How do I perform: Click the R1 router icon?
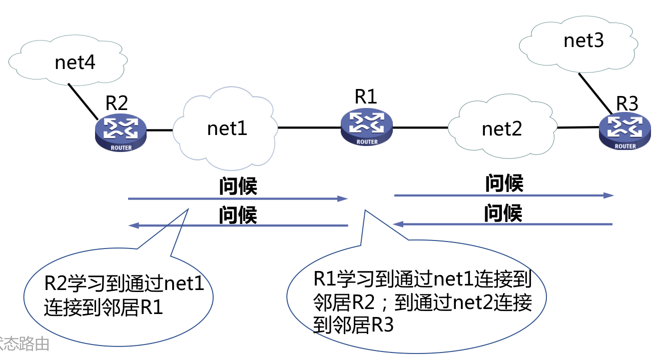pos(367,127)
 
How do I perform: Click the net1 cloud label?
pos(227,128)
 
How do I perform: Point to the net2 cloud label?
pos(502,129)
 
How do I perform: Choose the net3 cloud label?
pos(583,40)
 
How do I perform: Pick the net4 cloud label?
pos(75,62)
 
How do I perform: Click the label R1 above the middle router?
pos(366,96)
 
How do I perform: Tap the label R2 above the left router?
pos(117,102)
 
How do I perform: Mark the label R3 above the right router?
pos(626,103)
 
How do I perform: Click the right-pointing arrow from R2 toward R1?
pos(238,198)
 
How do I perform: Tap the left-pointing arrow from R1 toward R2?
pos(238,226)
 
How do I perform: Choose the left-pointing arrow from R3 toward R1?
pos(503,224)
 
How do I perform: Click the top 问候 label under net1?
pos(238,186)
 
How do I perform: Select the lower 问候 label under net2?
pos(503,213)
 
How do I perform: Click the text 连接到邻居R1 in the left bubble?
pos(104,306)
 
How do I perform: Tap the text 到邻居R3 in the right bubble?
pos(353,325)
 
